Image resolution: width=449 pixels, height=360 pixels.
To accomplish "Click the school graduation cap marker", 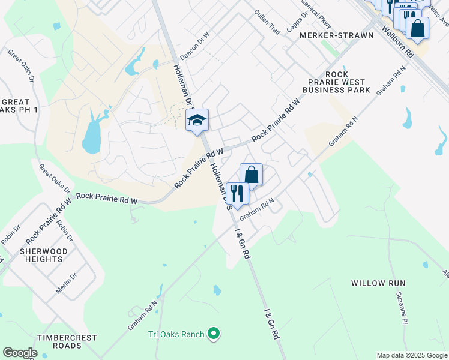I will tap(197, 121).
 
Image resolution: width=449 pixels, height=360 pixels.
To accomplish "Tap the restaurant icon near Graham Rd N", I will tap(237, 193).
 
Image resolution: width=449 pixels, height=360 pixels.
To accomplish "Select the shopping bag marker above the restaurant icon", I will tap(252, 175).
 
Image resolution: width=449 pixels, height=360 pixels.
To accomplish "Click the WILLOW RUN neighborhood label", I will tap(378, 283).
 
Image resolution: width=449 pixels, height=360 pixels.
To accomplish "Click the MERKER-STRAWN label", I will tap(337, 35).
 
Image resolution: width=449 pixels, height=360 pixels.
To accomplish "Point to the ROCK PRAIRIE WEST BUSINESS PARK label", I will tap(336, 82).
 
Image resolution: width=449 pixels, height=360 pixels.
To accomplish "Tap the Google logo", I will tap(20, 353).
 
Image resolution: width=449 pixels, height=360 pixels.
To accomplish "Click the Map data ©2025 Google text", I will tap(412, 355).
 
